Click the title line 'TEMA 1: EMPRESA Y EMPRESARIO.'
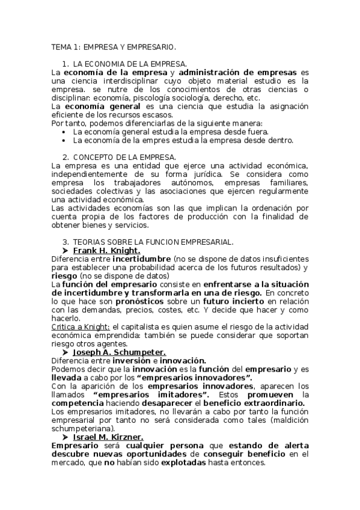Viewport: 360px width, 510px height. [x=114, y=46]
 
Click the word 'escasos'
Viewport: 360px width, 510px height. [x=156, y=115]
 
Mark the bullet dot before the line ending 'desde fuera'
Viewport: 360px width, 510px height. [x=64, y=132]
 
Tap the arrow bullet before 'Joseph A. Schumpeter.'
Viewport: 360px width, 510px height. [x=65, y=352]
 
